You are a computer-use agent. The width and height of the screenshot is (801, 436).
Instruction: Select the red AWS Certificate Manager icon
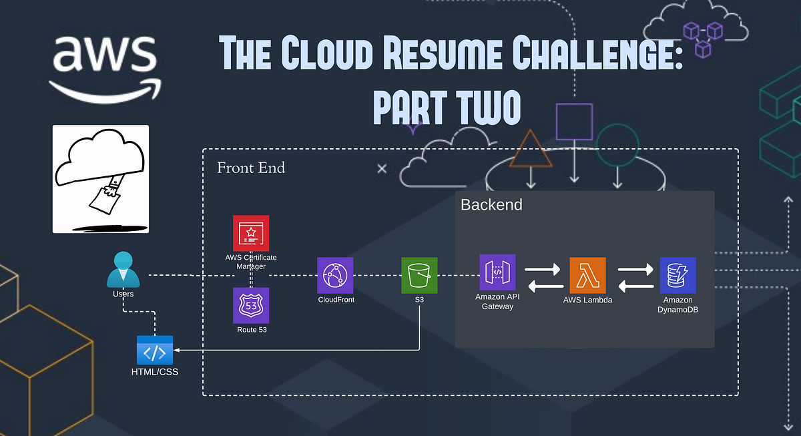tap(251, 233)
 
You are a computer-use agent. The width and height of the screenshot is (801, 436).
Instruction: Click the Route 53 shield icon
tap(251, 305)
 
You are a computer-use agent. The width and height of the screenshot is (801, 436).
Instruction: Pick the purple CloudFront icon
tap(335, 275)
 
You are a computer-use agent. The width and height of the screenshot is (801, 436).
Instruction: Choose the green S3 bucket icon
tap(419, 275)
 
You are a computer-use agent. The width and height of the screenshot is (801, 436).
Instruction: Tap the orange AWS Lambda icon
tap(587, 275)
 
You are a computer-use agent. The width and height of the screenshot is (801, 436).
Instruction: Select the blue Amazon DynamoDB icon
tap(678, 275)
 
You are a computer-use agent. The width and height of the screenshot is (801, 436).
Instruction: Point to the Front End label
tap(251, 168)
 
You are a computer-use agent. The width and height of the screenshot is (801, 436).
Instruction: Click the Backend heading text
tap(491, 205)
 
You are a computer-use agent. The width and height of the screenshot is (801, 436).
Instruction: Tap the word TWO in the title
tap(482, 109)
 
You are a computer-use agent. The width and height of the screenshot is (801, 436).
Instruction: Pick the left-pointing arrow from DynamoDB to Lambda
tap(635, 287)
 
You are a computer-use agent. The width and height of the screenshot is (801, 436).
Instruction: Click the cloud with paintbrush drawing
tap(101, 179)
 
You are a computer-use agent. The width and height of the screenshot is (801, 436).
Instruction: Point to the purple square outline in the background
tap(574, 122)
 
